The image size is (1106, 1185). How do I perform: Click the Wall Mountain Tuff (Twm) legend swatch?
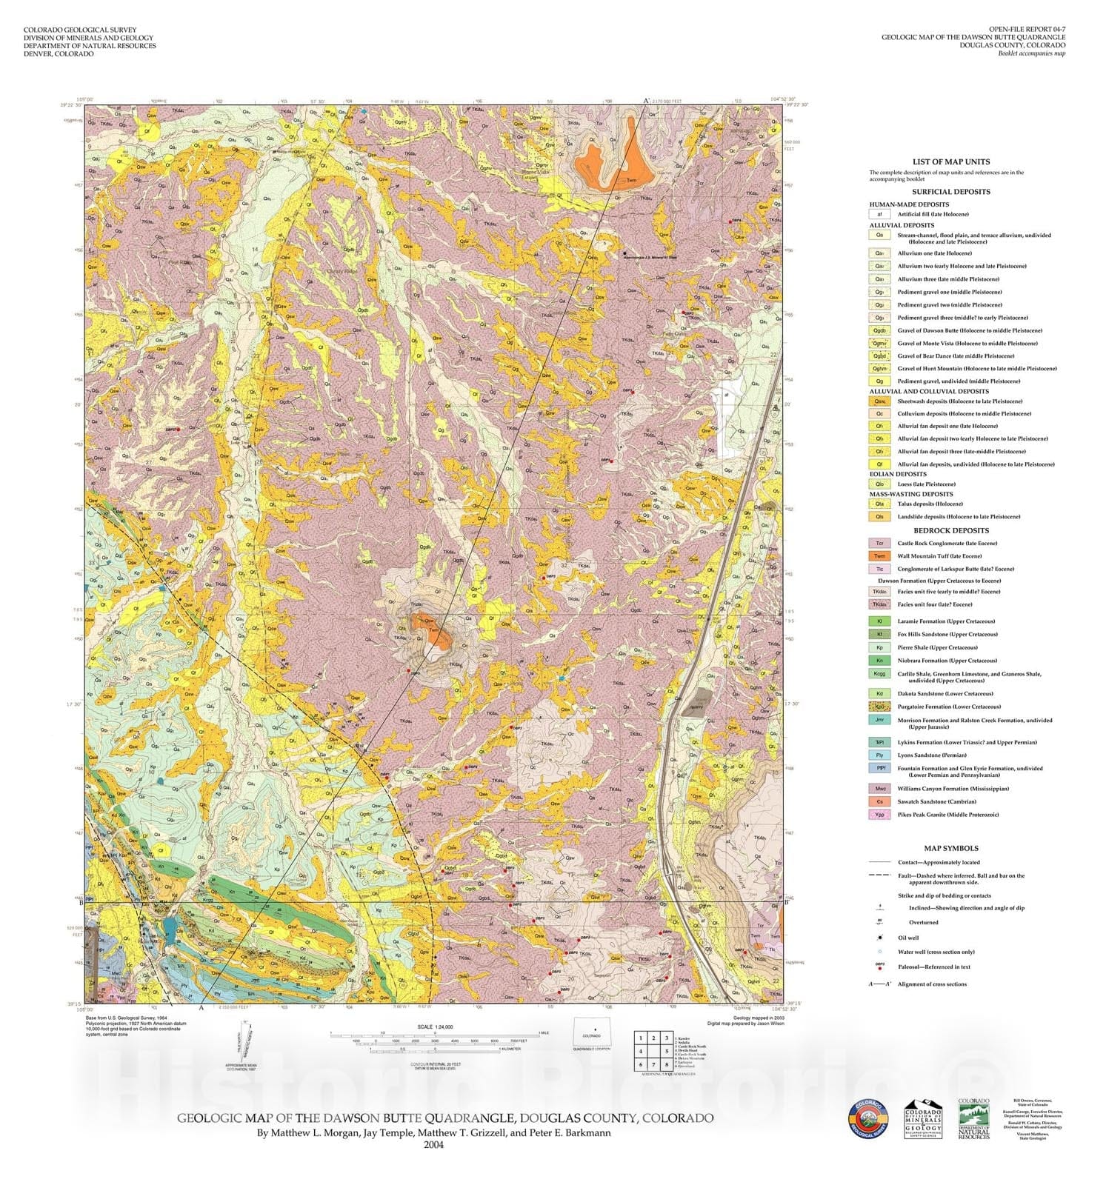(x=879, y=556)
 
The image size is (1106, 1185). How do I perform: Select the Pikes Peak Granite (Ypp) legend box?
(x=879, y=815)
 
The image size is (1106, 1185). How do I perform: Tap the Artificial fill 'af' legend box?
(x=879, y=214)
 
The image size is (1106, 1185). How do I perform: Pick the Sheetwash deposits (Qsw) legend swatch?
(x=879, y=401)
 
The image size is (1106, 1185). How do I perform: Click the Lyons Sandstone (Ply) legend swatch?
(x=879, y=755)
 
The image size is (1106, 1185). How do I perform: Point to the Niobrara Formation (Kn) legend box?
(x=879, y=661)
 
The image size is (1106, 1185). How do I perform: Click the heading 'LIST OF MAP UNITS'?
(x=950, y=161)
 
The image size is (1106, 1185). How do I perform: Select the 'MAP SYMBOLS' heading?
(x=950, y=848)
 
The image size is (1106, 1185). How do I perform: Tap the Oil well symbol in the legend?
(x=879, y=938)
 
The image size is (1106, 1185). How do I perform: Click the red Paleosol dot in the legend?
(x=879, y=968)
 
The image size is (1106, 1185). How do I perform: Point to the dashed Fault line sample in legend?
(x=879, y=876)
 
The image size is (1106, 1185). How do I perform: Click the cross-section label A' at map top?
(x=646, y=101)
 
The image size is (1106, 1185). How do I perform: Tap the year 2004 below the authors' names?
(x=433, y=1144)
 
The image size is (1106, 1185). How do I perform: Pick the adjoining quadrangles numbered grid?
(x=653, y=1052)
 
